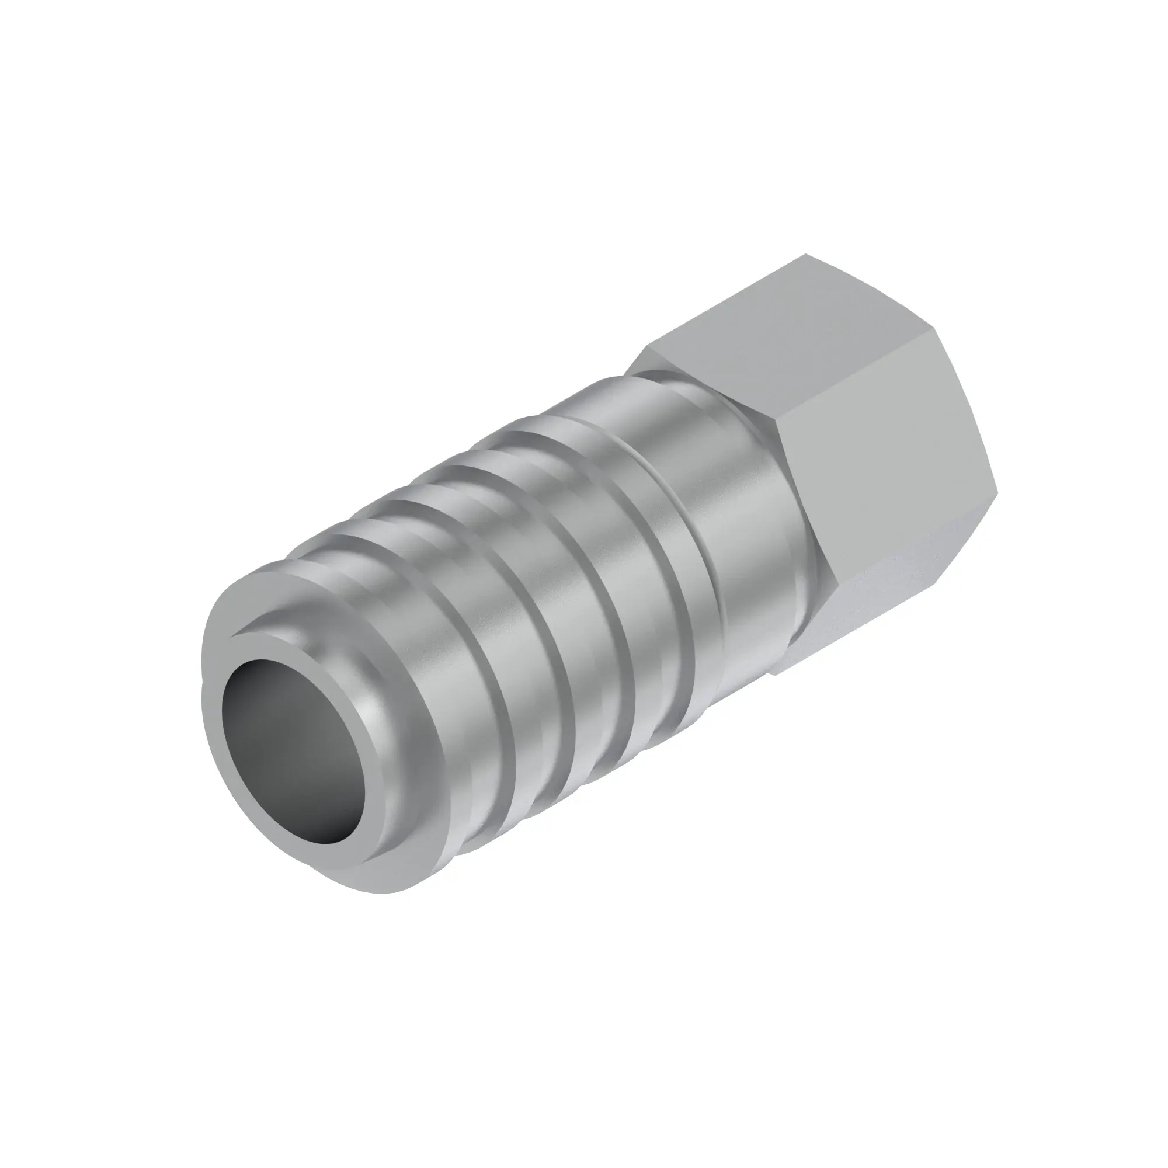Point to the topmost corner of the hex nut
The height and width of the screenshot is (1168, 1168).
click(807, 255)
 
